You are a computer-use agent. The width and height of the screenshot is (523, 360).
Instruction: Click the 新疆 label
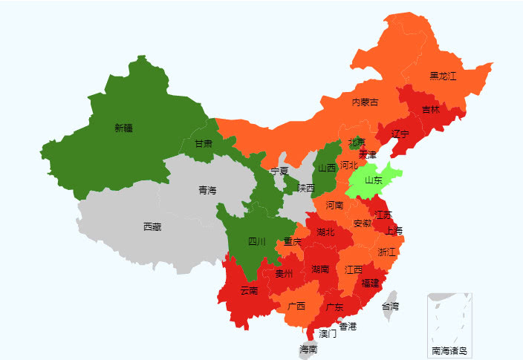pyautogui.click(x=123, y=128)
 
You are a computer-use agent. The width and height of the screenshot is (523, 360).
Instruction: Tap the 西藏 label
pyautogui.click(x=152, y=226)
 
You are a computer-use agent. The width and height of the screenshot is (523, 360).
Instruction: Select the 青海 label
pyautogui.click(x=207, y=191)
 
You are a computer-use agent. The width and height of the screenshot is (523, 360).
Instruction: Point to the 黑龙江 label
pyautogui.click(x=443, y=76)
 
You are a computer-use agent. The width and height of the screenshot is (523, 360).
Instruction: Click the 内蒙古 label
pyautogui.click(x=365, y=102)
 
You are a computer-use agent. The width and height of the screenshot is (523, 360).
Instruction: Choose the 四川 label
pyautogui.click(x=257, y=241)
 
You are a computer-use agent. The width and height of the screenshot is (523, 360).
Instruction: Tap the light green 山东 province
pyautogui.click(x=373, y=180)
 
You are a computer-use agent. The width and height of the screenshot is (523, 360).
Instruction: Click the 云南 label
pyautogui.click(x=250, y=291)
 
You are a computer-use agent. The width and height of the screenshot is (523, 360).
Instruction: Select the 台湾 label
pyautogui.click(x=390, y=306)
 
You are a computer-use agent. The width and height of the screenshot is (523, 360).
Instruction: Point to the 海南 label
pyautogui.click(x=308, y=349)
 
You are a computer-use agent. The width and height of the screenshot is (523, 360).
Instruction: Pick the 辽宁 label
pyautogui.click(x=400, y=134)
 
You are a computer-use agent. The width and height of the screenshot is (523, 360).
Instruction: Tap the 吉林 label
pyautogui.click(x=431, y=109)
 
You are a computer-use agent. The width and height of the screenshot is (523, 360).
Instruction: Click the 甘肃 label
pyautogui.click(x=204, y=143)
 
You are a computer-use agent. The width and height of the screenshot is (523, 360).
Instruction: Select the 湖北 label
pyautogui.click(x=325, y=232)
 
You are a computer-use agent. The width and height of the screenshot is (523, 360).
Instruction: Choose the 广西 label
pyautogui.click(x=296, y=306)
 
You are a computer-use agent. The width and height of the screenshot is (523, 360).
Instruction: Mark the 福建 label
pyautogui.click(x=370, y=283)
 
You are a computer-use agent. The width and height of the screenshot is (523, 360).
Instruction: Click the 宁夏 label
pyautogui.click(x=279, y=171)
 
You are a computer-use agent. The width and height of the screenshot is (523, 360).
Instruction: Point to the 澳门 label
pyautogui.click(x=328, y=333)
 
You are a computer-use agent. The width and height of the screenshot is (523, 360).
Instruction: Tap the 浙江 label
pyautogui.click(x=387, y=252)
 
